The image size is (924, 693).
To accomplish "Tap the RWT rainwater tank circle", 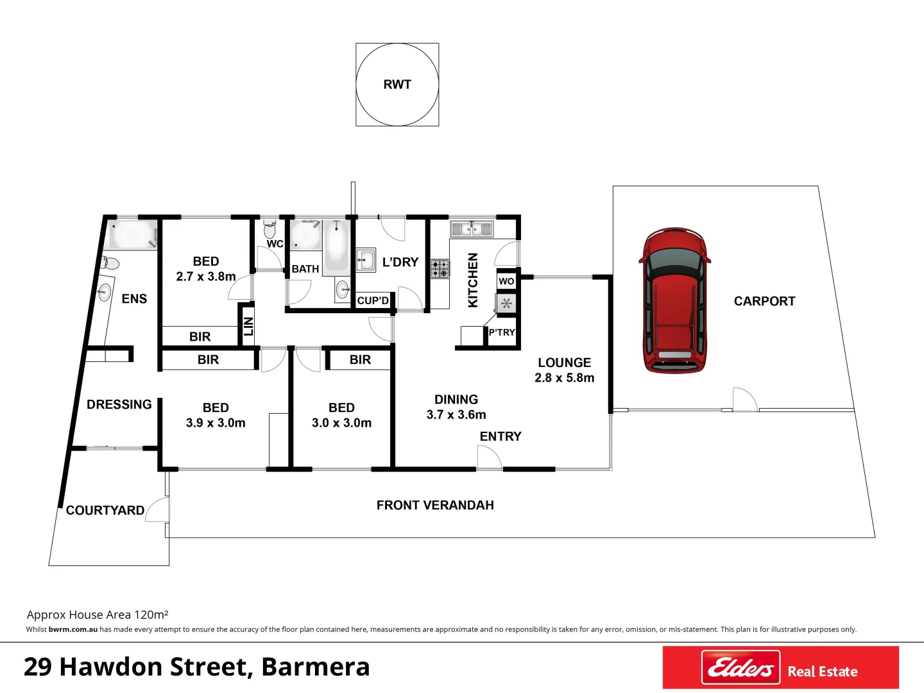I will click(397, 85).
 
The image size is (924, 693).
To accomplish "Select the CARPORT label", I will click(764, 301).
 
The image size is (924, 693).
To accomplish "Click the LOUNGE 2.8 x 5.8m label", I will click(564, 370).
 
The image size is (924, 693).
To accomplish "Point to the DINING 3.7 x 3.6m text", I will click(456, 407).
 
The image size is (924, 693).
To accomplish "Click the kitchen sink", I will click(472, 228).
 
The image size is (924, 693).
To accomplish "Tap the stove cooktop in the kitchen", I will click(440, 268).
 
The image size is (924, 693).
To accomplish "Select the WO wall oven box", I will click(506, 281).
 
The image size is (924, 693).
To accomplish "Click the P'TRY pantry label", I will click(501, 332).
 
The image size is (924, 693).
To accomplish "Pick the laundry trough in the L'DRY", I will click(366, 261).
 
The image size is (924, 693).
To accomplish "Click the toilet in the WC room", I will click(269, 229).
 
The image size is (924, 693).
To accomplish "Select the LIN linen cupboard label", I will click(248, 326).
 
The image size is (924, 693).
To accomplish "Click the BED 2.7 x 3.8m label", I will click(206, 269).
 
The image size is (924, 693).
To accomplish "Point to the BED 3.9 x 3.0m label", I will click(216, 415).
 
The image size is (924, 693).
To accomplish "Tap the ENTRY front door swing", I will click(489, 457).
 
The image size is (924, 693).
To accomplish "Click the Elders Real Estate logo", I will click(780, 668).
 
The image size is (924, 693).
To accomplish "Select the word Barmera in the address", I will click(316, 667).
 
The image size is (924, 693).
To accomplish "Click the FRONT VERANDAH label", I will click(435, 505).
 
